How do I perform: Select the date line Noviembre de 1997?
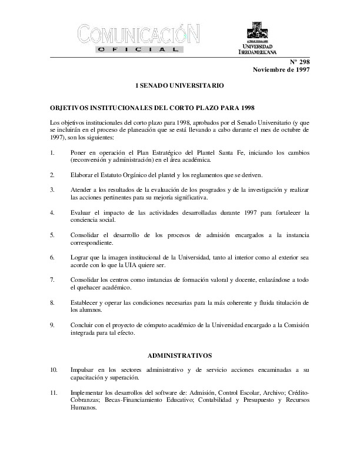coord(281,69)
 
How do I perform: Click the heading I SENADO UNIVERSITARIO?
coord(179,86)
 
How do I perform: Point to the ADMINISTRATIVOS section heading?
coord(179,356)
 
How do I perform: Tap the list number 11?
coord(54,392)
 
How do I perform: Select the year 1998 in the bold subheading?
coord(242,108)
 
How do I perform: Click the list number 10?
coord(54,370)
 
